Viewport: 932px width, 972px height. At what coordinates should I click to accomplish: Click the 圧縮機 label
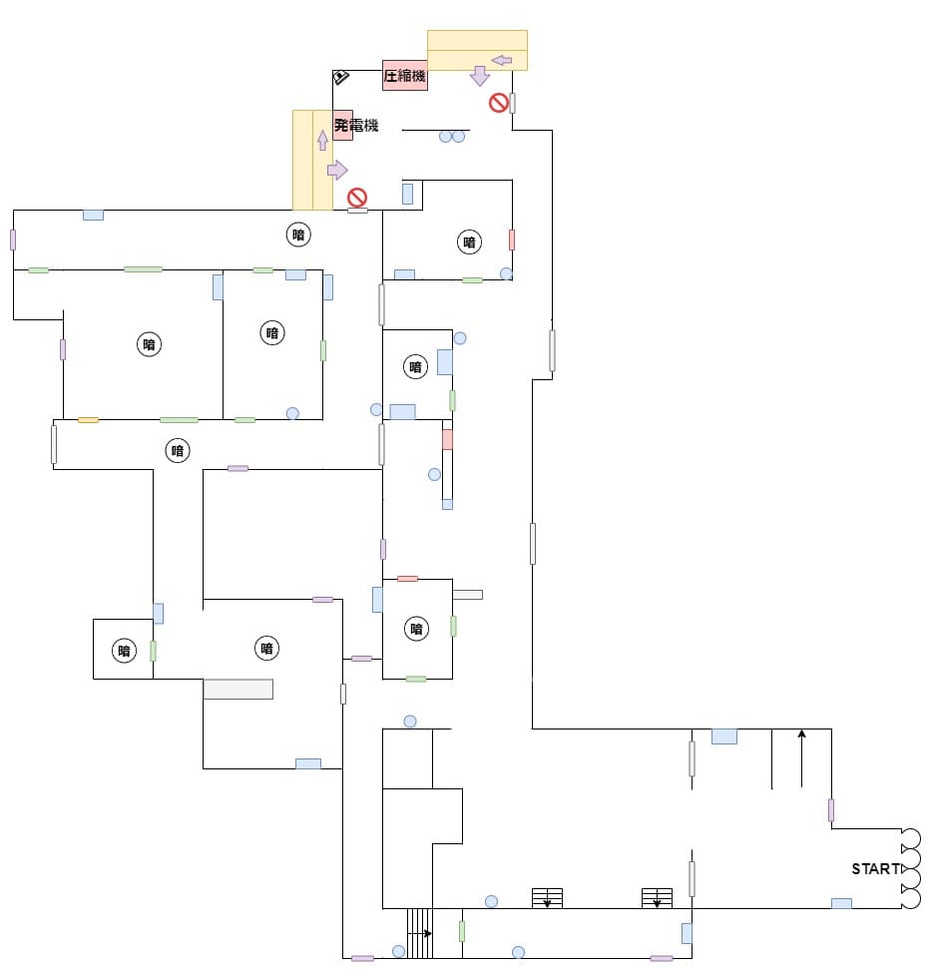point(405,76)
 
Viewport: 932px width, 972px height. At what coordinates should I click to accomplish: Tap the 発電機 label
point(356,125)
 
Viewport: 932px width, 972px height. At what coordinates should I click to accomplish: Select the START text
point(875,869)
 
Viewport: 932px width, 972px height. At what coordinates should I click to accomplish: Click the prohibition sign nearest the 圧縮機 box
point(498,103)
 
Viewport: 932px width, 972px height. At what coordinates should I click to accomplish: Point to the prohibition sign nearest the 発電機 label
point(356,197)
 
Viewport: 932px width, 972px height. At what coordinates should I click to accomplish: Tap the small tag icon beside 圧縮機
point(340,77)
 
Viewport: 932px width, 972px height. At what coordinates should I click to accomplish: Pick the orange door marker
point(88,419)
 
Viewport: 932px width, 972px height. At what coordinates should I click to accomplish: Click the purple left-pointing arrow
point(502,60)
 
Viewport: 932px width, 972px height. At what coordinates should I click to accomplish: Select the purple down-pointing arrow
point(480,76)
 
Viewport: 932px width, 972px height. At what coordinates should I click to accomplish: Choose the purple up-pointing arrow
point(322,140)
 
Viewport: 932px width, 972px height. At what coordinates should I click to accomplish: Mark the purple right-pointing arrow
point(337,170)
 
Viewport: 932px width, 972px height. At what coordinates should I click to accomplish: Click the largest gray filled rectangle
point(237,689)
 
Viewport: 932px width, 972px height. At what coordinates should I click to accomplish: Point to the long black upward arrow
point(801,758)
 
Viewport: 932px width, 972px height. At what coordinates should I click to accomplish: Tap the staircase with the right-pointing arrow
point(420,933)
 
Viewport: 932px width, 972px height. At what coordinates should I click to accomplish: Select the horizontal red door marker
point(407,578)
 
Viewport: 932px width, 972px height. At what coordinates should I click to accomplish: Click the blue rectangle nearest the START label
point(841,903)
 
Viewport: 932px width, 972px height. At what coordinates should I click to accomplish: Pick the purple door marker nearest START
point(830,809)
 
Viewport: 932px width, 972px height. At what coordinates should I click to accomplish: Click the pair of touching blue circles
point(452,136)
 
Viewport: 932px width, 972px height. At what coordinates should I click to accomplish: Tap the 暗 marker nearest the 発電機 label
point(297,235)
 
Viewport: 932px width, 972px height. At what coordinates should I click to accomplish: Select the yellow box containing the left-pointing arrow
point(477,50)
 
